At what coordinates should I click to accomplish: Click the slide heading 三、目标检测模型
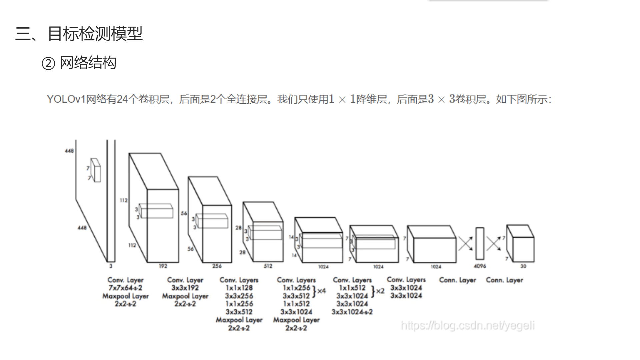click(79, 34)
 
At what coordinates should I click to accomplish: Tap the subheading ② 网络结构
click(79, 63)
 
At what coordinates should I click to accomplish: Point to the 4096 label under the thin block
click(480, 266)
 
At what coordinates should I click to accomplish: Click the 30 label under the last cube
click(523, 266)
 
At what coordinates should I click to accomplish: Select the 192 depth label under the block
click(163, 266)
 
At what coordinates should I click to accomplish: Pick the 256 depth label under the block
click(217, 266)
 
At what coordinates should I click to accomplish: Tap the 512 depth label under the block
click(268, 266)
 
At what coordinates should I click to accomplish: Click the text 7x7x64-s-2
click(125, 288)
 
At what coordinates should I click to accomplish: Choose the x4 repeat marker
click(321, 291)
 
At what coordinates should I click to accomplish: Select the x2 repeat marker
click(380, 291)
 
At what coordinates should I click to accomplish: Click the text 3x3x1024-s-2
click(352, 312)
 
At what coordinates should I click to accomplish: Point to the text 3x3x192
click(185, 288)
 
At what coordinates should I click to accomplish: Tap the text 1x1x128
click(239, 288)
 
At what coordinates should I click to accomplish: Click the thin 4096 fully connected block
click(480, 243)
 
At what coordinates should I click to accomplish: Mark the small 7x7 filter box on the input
click(96, 170)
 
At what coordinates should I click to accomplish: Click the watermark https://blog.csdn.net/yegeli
click(468, 325)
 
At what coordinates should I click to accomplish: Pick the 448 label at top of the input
click(69, 151)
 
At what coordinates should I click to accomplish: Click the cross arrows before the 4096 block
click(465, 243)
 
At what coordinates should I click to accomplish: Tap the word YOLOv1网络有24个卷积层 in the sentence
click(109, 99)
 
